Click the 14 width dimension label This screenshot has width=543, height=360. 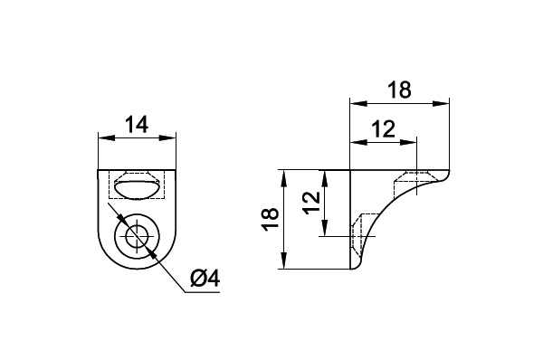click(137, 125)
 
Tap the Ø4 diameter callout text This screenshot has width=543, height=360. click(205, 279)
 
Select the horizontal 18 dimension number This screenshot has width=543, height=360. click(399, 90)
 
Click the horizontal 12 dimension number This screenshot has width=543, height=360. click(384, 129)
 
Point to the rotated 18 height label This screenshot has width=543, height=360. click(270, 219)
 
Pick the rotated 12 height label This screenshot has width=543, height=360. click(310, 202)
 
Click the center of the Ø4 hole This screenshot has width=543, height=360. click(138, 236)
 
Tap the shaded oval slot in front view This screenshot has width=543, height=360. click(137, 191)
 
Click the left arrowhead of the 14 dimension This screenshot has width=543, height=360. click(106, 137)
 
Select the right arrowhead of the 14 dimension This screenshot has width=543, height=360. click(168, 137)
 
